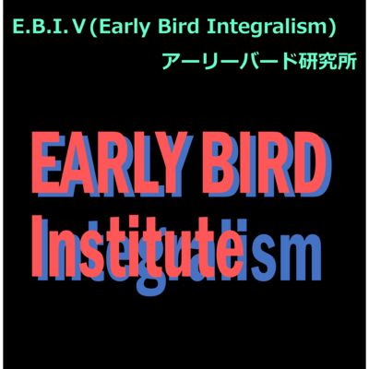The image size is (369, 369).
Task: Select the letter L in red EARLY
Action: pyautogui.click(x=152, y=163)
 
